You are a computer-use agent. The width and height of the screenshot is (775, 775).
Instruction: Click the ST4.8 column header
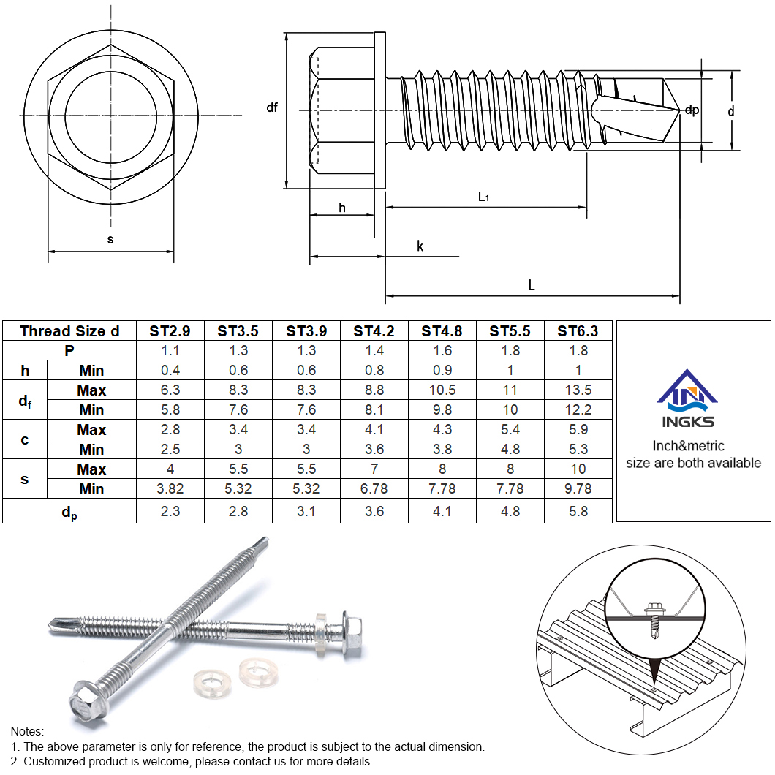pyautogui.click(x=442, y=331)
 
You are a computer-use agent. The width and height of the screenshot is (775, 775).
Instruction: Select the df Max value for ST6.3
pyautogui.click(x=578, y=390)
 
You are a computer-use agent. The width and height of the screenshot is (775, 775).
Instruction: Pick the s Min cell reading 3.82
pyautogui.click(x=170, y=489)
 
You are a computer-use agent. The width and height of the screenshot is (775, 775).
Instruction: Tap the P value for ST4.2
pyautogui.click(x=374, y=351)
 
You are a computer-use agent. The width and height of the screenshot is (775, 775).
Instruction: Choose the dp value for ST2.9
pyautogui.click(x=170, y=512)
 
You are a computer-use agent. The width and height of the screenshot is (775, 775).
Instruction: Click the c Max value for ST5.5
pyautogui.click(x=510, y=430)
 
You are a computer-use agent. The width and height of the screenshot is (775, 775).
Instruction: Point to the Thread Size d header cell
pyautogui.click(x=69, y=331)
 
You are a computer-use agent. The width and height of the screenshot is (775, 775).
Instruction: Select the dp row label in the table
pyautogui.click(x=69, y=513)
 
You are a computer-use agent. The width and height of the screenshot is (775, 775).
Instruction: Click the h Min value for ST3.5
pyautogui.click(x=238, y=371)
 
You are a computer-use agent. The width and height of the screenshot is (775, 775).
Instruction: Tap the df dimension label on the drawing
pyautogui.click(x=272, y=108)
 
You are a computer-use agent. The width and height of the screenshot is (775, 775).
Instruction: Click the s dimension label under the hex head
pyautogui.click(x=110, y=239)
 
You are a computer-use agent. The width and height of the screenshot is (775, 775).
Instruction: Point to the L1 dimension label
pyautogui.click(x=483, y=196)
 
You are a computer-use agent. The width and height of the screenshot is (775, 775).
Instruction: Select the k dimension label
pyautogui.click(x=420, y=246)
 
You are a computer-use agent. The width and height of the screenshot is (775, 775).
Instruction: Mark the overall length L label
pyautogui.click(x=532, y=286)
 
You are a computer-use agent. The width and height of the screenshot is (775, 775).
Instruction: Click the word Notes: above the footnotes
pyautogui.click(x=28, y=731)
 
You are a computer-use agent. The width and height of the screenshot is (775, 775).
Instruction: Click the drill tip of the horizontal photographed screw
pyautogui.click(x=55, y=624)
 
